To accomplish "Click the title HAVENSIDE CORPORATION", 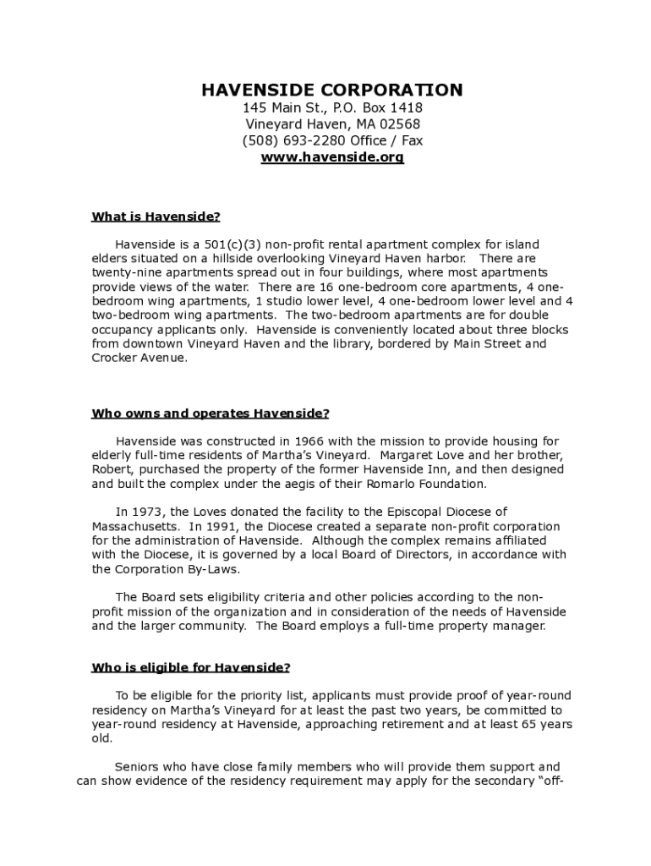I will tap(331, 90).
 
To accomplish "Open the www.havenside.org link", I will tap(332, 157).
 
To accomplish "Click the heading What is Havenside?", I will tap(156, 216).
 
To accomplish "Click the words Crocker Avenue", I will tap(138, 358).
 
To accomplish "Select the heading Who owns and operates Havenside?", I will tap(210, 414).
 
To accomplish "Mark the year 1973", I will tap(149, 512).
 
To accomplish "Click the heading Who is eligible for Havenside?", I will tap(190, 667).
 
